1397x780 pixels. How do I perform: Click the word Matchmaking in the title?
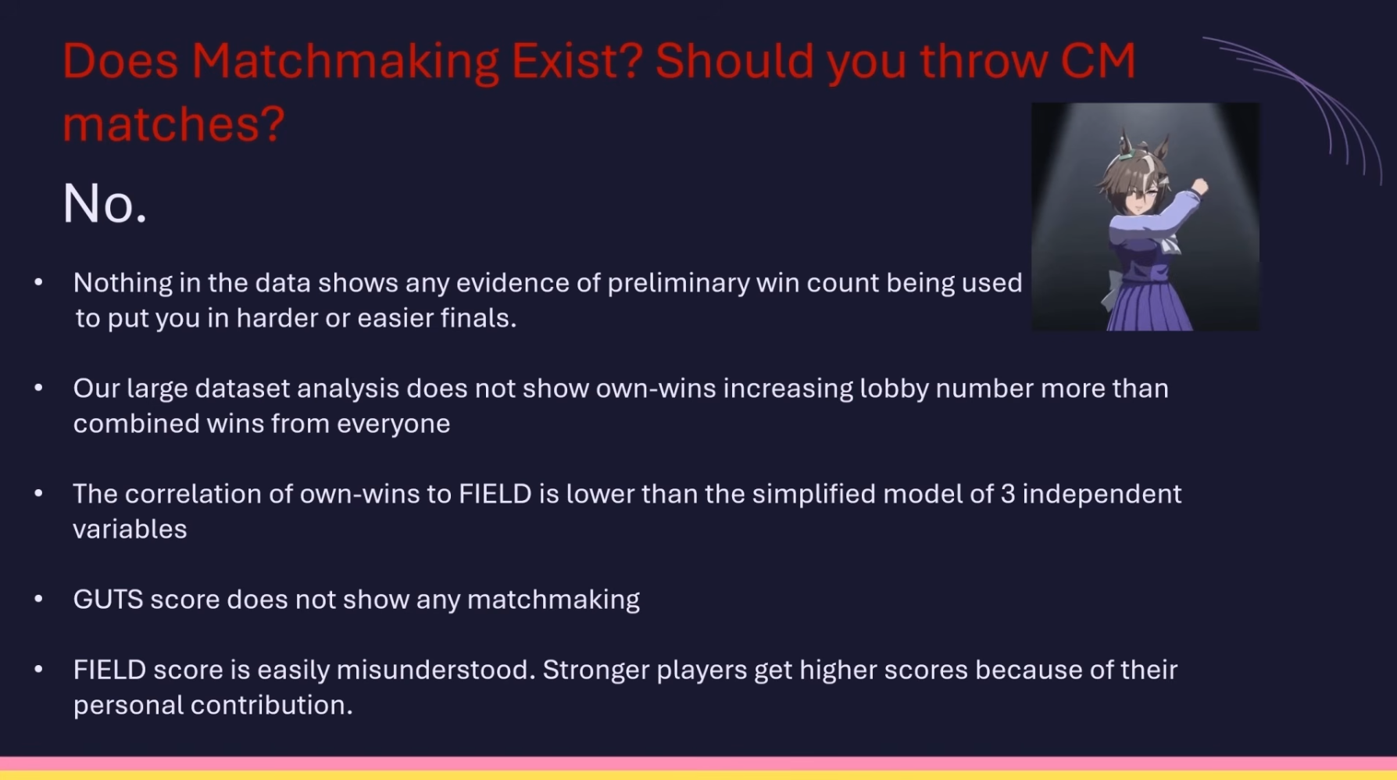[345, 63]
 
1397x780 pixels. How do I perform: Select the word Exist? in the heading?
[577, 61]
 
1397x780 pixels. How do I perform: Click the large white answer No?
[105, 204]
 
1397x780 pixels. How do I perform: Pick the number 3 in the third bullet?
[1008, 494]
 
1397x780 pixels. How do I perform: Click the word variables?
[130, 529]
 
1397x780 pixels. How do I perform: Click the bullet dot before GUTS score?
[38, 599]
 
